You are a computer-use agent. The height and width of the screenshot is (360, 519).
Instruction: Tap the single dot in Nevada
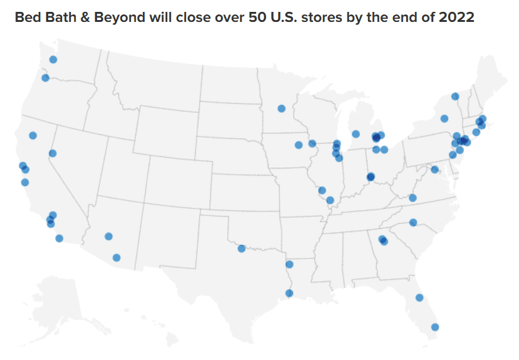53,153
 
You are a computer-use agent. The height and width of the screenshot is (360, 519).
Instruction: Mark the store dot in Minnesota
281,108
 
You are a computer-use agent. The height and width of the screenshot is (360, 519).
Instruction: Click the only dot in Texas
242,249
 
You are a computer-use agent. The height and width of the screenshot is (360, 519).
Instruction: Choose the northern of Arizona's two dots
108,236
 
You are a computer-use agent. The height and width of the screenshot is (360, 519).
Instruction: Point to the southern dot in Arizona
116,257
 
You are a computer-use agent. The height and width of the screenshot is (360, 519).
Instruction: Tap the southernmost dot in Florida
434,327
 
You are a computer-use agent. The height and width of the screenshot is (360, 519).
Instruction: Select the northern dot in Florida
419,297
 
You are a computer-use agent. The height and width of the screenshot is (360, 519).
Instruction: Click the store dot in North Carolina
413,222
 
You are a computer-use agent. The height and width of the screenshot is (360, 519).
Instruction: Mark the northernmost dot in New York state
455,96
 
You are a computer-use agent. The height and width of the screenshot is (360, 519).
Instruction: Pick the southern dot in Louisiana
289,292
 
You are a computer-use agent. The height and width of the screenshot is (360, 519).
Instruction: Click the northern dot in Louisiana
289,264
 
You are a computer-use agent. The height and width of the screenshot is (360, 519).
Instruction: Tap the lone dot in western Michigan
356,133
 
